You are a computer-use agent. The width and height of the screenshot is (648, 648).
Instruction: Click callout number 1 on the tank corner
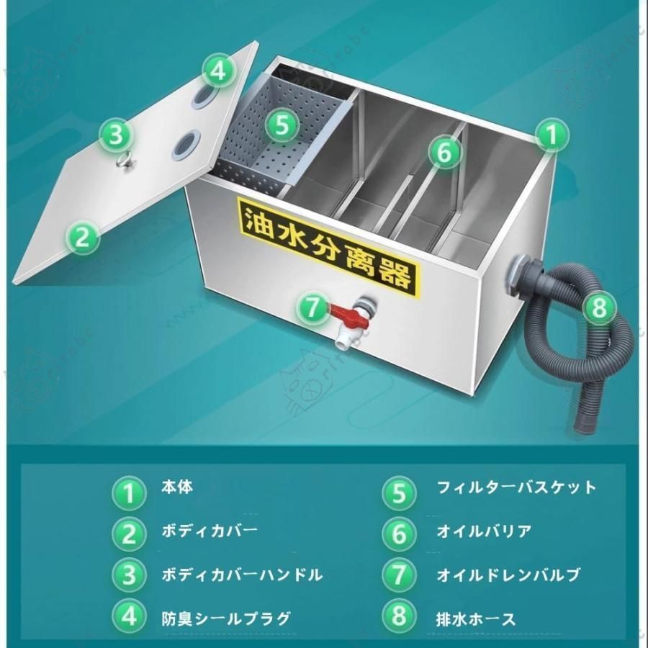551,135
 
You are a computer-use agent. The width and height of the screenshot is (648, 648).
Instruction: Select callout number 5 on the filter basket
282,125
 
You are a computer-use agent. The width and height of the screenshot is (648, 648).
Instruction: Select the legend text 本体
177,487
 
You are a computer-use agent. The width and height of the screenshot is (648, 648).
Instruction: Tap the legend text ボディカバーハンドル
242,575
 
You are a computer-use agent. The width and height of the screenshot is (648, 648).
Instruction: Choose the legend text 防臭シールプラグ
226,618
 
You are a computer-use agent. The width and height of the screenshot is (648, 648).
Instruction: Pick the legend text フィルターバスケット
516,487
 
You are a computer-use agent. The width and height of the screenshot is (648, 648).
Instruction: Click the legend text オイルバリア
484,531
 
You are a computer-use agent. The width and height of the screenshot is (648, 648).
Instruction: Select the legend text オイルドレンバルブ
508,575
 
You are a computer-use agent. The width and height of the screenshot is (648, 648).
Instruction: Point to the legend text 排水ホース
476,618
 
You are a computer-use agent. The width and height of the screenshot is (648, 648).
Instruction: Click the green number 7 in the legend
400,575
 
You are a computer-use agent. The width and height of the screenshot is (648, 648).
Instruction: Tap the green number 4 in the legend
129,618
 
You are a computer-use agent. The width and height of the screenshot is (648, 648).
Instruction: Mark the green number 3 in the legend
129,575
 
